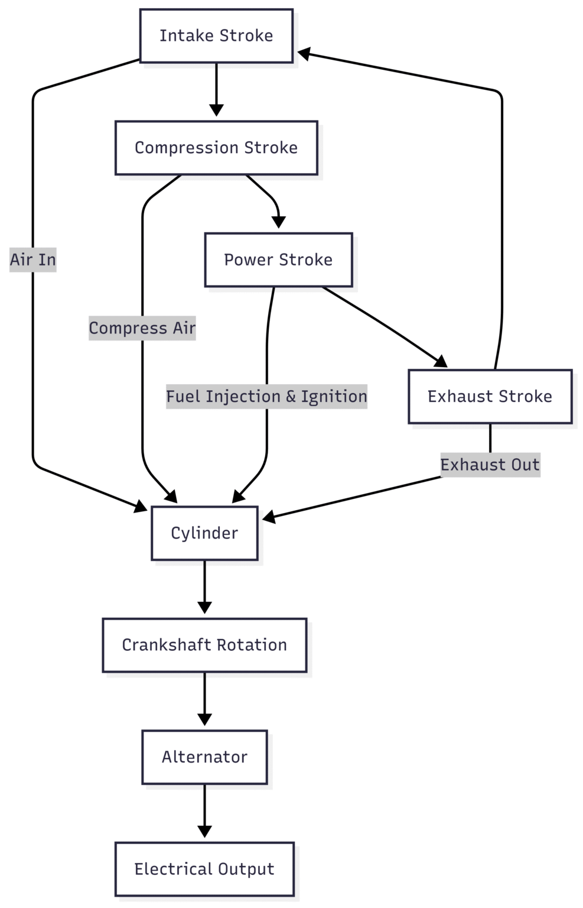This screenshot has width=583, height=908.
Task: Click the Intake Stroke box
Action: [216, 36]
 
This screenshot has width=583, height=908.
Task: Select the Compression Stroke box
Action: [216, 148]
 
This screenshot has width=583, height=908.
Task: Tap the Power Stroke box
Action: [278, 260]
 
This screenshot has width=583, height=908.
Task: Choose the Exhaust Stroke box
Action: [490, 397]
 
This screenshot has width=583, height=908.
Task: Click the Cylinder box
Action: [204, 533]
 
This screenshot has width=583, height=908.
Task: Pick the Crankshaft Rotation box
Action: [204, 645]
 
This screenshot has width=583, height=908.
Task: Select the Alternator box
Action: [204, 757]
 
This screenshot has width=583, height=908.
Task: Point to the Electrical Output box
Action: [204, 869]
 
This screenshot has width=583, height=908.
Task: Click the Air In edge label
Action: [33, 260]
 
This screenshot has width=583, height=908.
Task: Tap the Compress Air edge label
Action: [142, 328]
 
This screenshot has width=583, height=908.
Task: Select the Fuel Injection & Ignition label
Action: [266, 396]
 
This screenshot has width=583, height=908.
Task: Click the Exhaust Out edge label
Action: [490, 465]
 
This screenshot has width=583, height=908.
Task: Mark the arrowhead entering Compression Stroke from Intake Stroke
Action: [216, 110]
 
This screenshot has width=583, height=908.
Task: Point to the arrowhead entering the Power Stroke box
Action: [278, 222]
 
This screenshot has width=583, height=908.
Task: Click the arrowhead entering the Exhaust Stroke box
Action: [441, 361]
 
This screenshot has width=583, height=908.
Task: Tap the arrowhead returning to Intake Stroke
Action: [304, 54]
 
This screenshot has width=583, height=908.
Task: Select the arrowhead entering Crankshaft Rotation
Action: [204, 607]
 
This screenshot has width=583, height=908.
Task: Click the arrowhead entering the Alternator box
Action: [204, 719]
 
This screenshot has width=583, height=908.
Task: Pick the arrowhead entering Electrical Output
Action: [204, 831]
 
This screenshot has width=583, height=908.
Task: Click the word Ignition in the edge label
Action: [334, 396]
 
